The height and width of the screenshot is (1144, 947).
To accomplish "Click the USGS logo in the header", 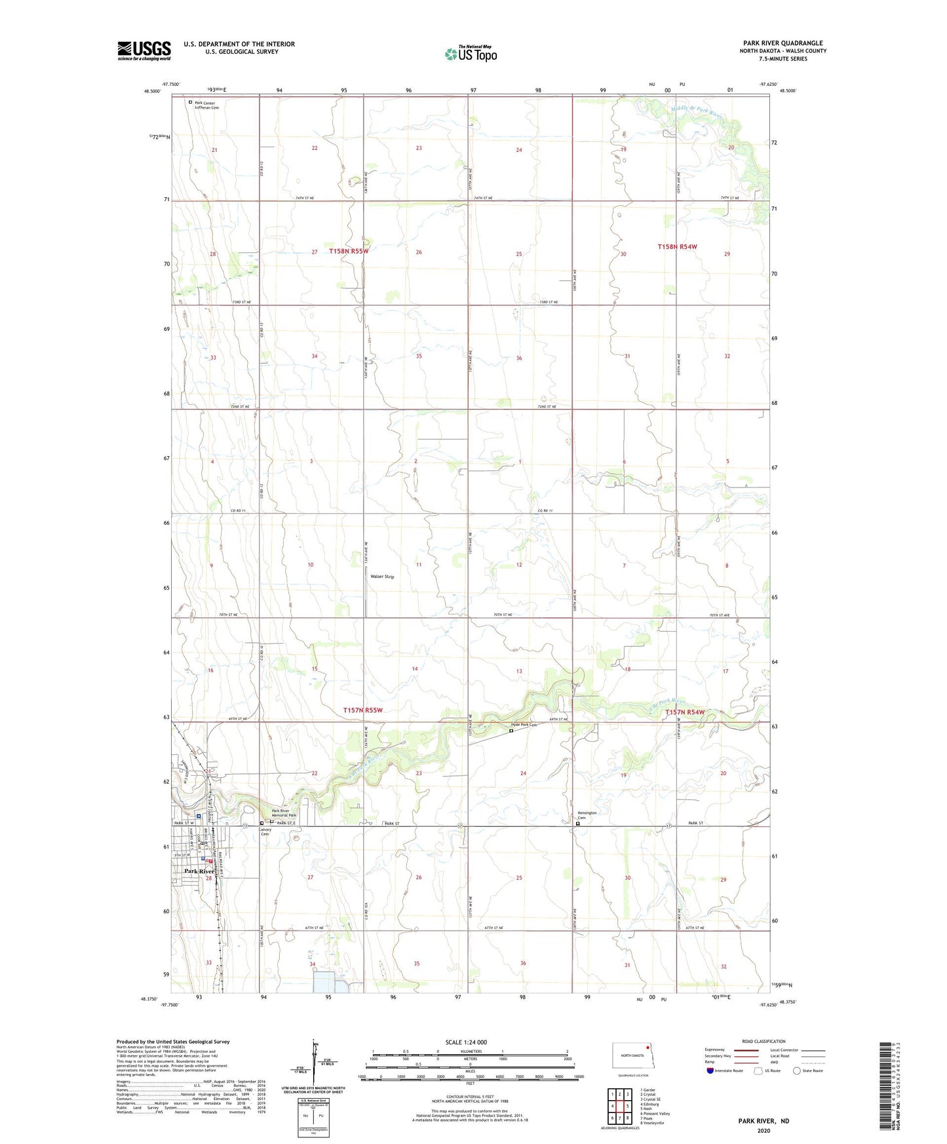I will (x=144, y=50).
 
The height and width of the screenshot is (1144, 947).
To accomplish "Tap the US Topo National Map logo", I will (x=471, y=53).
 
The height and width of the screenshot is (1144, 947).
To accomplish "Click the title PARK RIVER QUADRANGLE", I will (x=783, y=43).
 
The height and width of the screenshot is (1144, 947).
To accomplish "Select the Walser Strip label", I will (x=382, y=577).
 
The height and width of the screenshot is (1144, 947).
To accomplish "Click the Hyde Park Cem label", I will (x=524, y=725).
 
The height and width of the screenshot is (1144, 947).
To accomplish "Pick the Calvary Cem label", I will (x=265, y=832).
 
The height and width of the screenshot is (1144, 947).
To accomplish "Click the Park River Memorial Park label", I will (x=284, y=813).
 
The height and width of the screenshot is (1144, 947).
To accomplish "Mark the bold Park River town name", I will (x=200, y=871).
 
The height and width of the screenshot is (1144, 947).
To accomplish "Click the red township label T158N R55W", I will (x=349, y=251).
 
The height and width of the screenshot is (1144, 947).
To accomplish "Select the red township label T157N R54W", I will (x=685, y=712).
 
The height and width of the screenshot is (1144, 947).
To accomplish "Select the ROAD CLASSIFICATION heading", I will (x=763, y=1041).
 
